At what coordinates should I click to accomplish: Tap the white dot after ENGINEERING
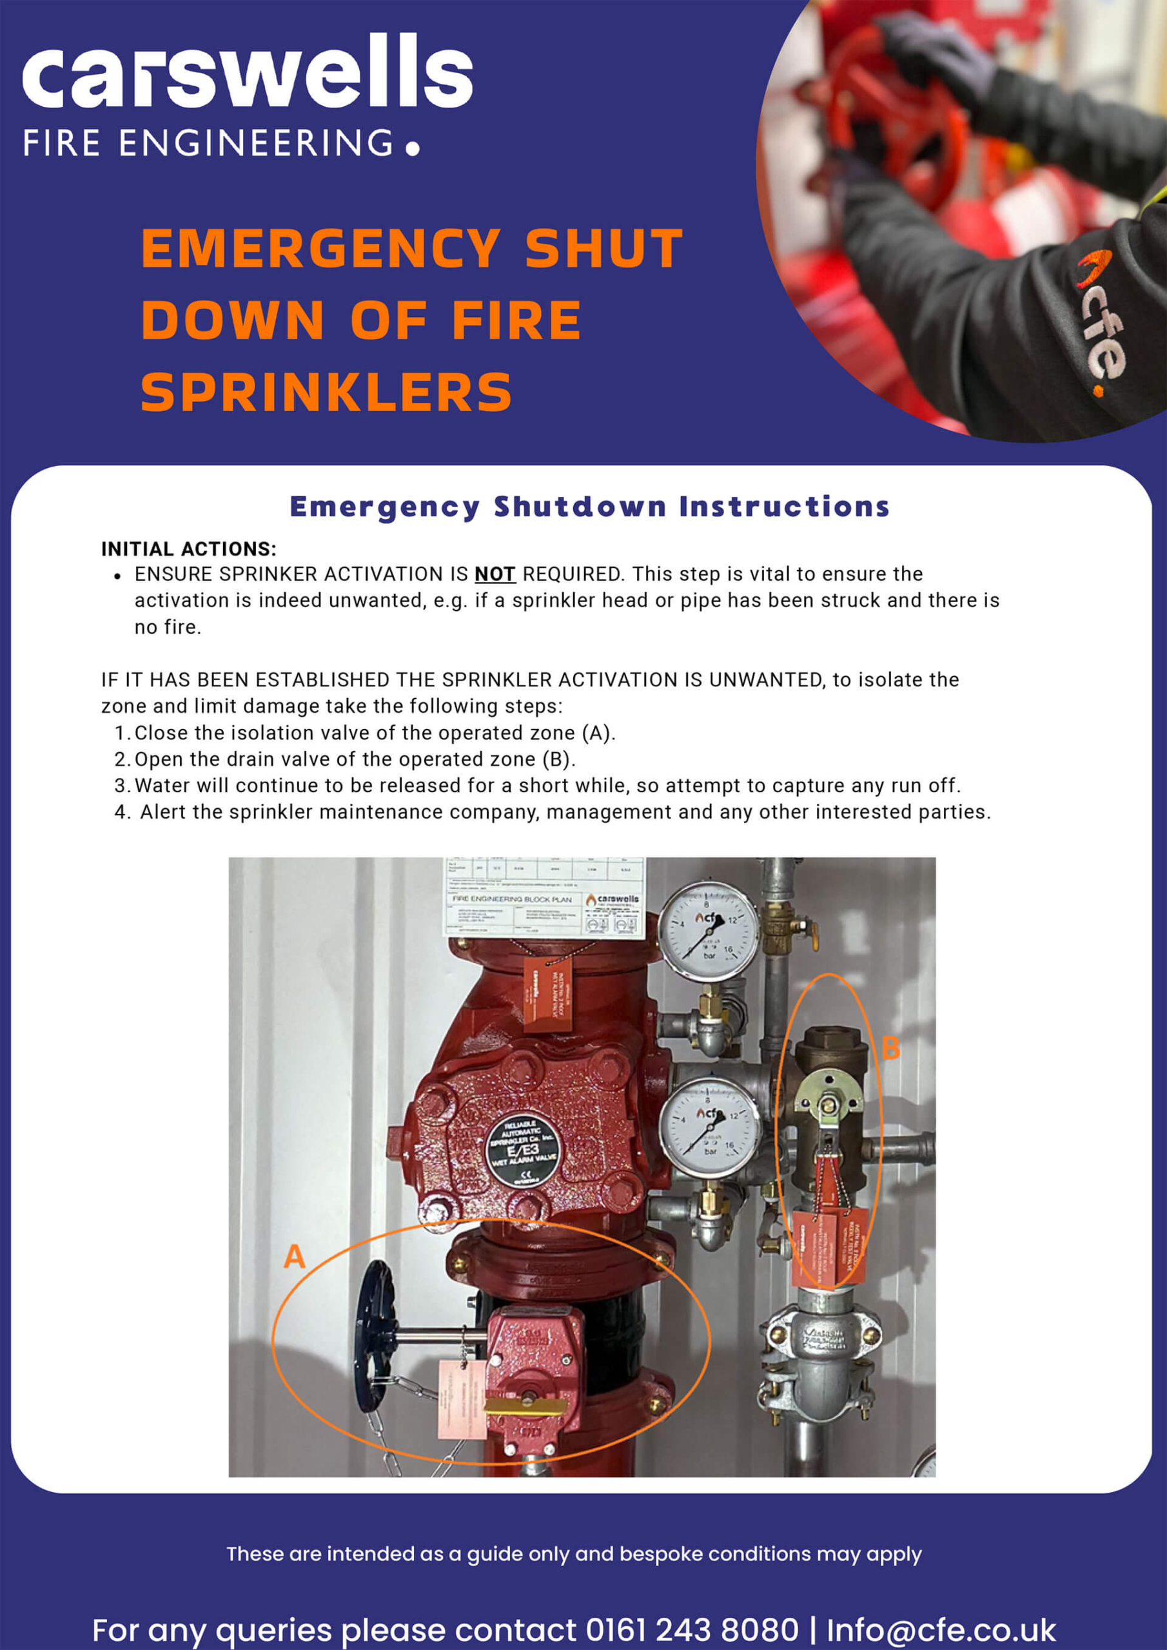[412, 149]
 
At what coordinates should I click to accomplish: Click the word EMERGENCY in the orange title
[320, 248]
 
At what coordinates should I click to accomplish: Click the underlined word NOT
[495, 574]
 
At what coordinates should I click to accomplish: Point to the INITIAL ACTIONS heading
[188, 549]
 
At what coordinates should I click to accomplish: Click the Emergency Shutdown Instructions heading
[589, 507]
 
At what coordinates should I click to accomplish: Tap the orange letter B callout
[890, 1049]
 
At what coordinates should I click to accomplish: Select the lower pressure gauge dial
[709, 1127]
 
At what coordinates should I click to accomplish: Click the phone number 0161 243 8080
[692, 1629]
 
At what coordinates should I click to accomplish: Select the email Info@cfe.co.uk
[941, 1629]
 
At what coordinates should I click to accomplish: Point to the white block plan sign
[544, 897]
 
